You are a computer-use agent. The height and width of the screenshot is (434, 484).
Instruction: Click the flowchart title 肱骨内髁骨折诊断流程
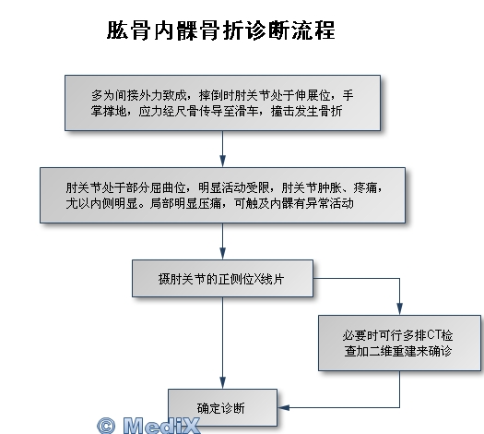click(221, 30)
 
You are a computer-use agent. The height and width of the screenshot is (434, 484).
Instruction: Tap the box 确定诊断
click(222, 407)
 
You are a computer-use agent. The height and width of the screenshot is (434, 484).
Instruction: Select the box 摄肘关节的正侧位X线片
click(222, 279)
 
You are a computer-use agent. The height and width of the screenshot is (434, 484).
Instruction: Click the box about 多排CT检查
click(399, 343)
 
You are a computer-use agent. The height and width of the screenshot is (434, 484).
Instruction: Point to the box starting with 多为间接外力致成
click(222, 102)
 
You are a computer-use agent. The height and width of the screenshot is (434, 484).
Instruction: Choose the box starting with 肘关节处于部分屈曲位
click(222, 195)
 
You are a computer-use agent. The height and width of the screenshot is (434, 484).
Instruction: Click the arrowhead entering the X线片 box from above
click(222, 254)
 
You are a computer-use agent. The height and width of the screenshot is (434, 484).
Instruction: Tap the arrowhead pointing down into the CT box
click(399, 309)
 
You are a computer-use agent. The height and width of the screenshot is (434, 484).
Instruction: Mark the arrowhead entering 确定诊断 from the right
click(283, 407)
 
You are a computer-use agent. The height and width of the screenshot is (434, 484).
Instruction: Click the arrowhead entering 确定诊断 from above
click(222, 383)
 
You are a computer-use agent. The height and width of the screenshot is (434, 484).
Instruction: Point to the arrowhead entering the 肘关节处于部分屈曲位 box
click(222, 162)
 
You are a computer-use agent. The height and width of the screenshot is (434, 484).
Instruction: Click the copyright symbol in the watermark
click(106, 426)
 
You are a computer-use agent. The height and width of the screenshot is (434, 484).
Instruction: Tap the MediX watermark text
click(161, 425)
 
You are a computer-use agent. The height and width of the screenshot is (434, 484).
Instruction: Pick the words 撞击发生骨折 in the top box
click(306, 112)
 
